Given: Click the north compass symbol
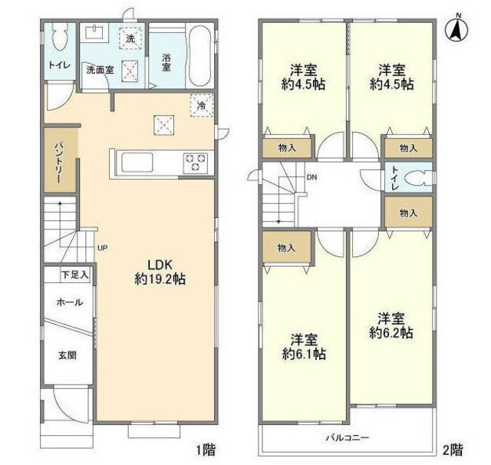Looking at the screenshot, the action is tap(456, 29).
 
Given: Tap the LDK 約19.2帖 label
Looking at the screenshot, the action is tap(160, 272).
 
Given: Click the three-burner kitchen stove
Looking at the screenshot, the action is tap(196, 162).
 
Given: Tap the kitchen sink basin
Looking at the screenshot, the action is tap(137, 162).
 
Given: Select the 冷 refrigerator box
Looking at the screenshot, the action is tap(202, 105).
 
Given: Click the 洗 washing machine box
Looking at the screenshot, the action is tap(130, 38).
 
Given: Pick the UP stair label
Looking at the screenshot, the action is tap(102, 249).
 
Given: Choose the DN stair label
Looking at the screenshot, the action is tap(311, 177).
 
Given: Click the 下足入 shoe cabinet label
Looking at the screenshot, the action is tap(75, 275).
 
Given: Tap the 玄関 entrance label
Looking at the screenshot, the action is tap(68, 355).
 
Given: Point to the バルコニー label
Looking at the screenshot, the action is tap(348, 437).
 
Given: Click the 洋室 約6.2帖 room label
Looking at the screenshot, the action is tap(390, 325).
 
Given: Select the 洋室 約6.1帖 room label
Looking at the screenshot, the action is tap(304, 347).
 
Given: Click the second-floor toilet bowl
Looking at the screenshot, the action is tap(418, 180).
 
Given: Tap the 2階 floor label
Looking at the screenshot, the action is tap(453, 450).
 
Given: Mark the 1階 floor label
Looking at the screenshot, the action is tap(206, 450).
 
